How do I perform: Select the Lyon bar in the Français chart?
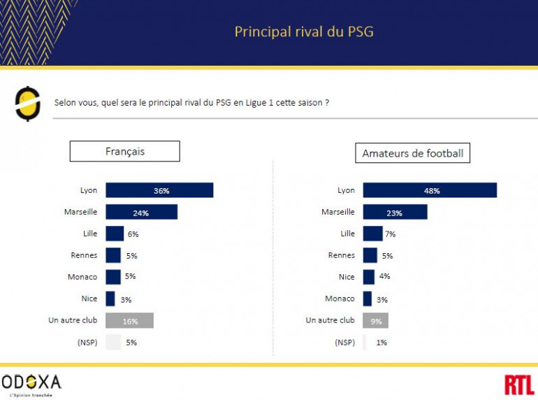(159, 190)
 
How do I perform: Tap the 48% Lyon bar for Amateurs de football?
(430, 190)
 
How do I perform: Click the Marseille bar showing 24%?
(141, 212)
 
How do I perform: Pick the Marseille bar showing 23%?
(395, 212)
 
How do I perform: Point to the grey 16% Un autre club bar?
(129, 320)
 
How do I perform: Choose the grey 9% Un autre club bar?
(375, 320)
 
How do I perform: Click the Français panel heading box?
(124, 151)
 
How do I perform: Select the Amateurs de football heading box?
(412, 153)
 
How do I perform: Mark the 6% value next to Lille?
(132, 234)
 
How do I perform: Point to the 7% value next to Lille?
(391, 234)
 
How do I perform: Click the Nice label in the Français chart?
(89, 299)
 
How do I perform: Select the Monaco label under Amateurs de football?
(340, 299)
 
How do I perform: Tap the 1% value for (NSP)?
(381, 343)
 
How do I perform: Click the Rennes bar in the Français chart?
(113, 255)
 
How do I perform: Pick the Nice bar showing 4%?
(368, 277)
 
